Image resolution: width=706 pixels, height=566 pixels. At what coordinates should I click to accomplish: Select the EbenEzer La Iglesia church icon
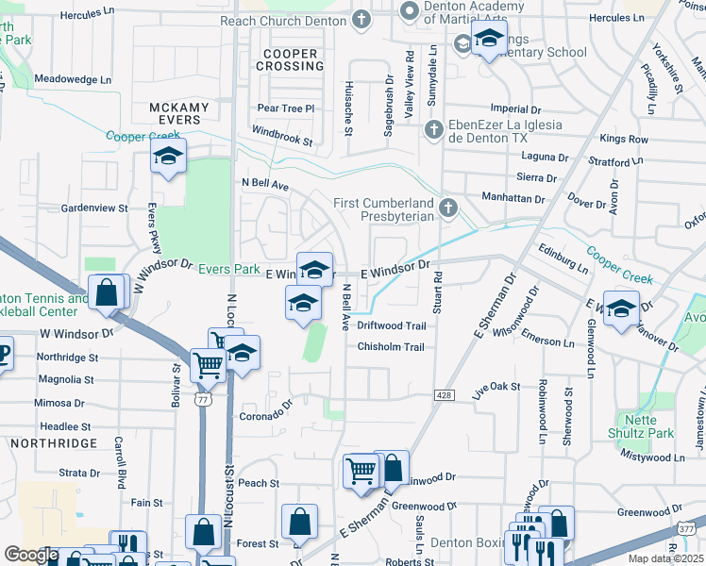click(432, 129)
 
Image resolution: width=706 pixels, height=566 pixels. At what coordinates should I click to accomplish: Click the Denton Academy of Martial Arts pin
click(409, 11)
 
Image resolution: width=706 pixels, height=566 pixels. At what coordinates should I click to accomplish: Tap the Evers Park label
click(228, 270)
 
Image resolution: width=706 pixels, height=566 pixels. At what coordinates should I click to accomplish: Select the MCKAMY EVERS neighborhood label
click(176, 114)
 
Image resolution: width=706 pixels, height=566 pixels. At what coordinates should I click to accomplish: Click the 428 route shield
click(443, 394)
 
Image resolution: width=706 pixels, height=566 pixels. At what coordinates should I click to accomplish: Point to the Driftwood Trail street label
click(392, 325)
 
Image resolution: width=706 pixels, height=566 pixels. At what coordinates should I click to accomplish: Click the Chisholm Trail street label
click(391, 347)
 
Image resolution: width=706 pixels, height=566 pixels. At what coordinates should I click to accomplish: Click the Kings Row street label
click(624, 139)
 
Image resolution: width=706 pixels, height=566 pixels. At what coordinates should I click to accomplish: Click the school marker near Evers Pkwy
click(168, 157)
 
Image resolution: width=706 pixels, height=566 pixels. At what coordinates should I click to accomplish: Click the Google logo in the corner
click(31, 555)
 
